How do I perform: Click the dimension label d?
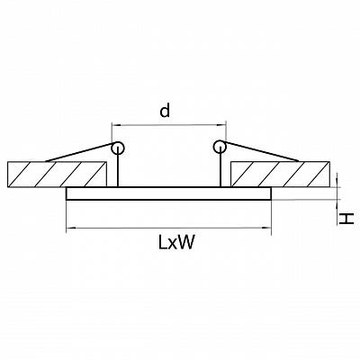(x=165, y=110)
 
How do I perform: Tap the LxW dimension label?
(x=176, y=242)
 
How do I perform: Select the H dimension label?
(x=346, y=219)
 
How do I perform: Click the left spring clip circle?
(x=117, y=148)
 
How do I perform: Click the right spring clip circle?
(x=220, y=147)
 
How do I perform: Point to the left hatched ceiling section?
(x=57, y=175)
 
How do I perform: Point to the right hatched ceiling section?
(x=281, y=174)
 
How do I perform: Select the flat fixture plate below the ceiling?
(x=168, y=193)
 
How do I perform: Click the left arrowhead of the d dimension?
(x=115, y=124)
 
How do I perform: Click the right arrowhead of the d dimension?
(x=222, y=124)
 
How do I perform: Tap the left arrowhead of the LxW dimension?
(x=69, y=229)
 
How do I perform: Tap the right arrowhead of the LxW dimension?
(x=267, y=228)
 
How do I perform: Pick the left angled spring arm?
(x=79, y=153)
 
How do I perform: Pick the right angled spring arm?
(x=261, y=151)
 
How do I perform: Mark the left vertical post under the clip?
(x=118, y=170)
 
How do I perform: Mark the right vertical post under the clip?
(x=220, y=170)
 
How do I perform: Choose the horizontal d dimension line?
(x=168, y=124)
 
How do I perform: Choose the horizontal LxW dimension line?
(x=168, y=229)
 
